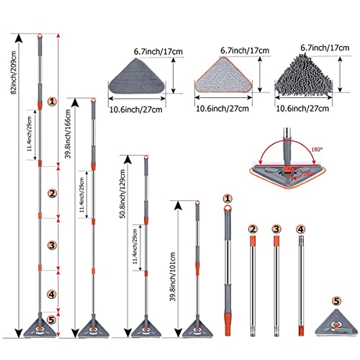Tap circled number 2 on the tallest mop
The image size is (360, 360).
coord(52,193)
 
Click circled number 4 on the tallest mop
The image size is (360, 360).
coord(52,294)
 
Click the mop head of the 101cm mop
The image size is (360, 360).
coord(196,328)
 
